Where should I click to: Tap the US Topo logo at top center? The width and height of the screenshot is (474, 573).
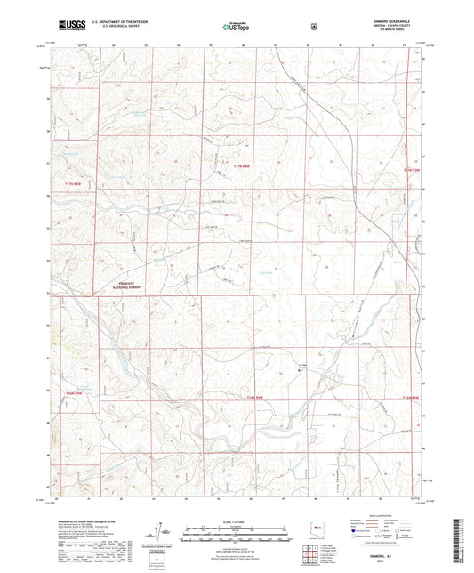(x=236, y=28)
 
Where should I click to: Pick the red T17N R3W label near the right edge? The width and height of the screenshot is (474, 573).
(x=409, y=169)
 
